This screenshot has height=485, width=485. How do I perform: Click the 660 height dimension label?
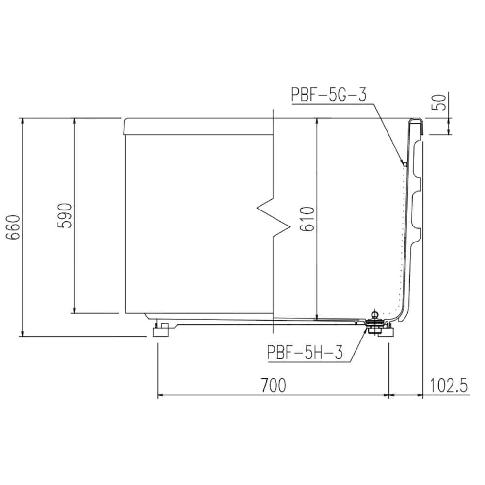[15, 227]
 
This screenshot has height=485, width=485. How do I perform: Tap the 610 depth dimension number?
[307, 219]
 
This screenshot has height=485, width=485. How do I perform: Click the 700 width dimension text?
[274, 385]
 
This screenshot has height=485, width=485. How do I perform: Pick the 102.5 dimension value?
[449, 386]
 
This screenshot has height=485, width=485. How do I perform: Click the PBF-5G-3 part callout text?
[329, 95]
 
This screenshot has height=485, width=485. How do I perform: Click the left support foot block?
[161, 332]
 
